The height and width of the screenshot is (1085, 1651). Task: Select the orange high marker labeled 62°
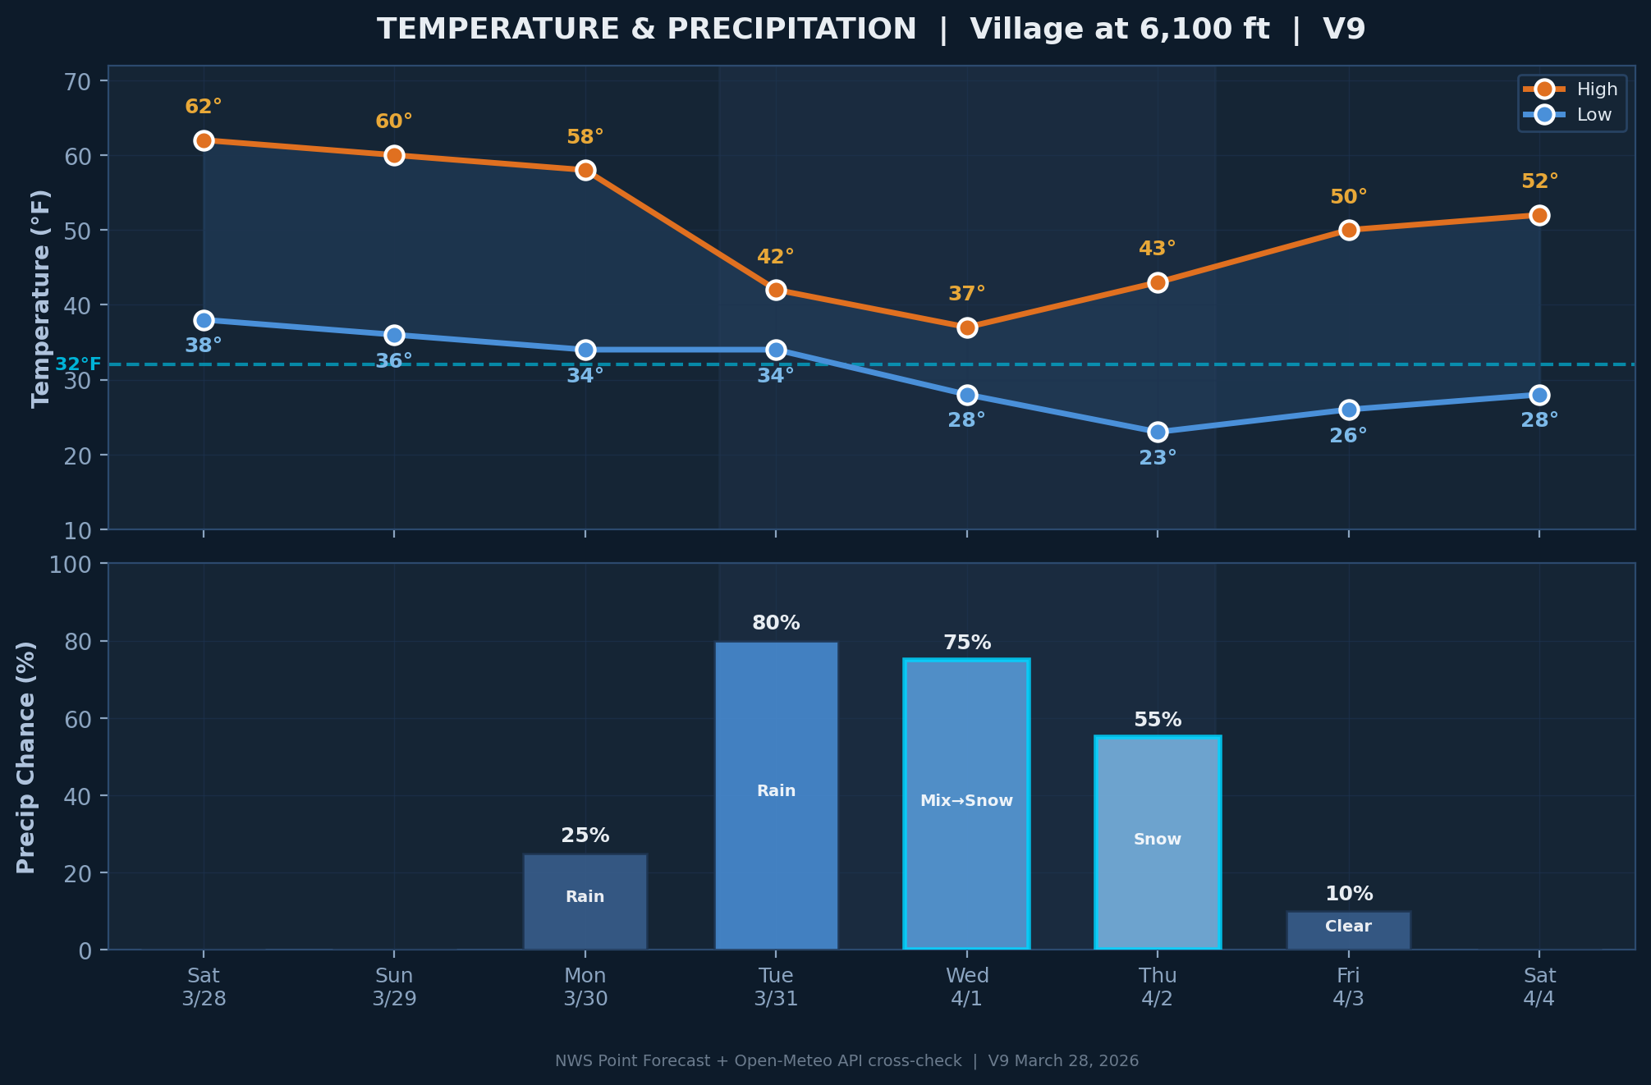click(x=204, y=140)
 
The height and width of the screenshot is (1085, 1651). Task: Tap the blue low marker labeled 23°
click(x=1158, y=432)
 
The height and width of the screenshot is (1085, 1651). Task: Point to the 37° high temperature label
click(x=966, y=294)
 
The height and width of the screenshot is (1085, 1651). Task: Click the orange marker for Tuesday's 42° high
click(x=776, y=290)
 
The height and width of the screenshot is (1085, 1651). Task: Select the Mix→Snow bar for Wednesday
click(x=966, y=804)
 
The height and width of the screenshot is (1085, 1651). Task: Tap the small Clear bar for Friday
click(x=1348, y=931)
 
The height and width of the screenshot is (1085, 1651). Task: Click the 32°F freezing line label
click(x=78, y=364)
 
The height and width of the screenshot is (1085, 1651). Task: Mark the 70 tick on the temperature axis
click(x=80, y=81)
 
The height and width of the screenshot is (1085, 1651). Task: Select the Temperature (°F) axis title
click(x=41, y=298)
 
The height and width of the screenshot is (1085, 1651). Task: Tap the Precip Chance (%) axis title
click(x=26, y=757)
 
